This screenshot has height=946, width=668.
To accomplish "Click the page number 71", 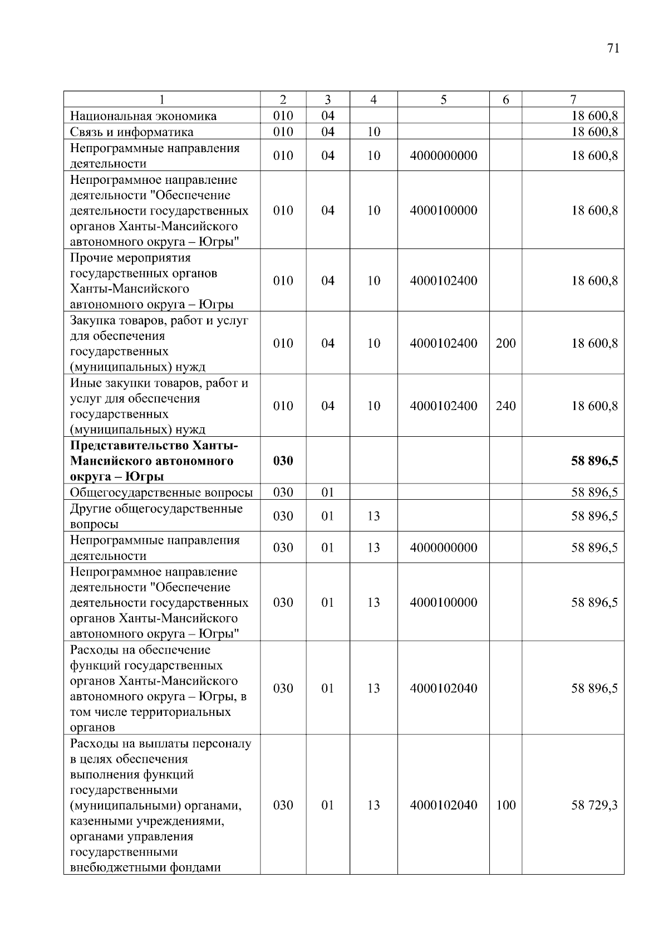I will pos(613,48).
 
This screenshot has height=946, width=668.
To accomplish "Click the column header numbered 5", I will pos(443,100).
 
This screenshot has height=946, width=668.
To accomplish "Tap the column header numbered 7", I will pos(573,100).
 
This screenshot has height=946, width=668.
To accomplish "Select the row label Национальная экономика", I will pos(143,116).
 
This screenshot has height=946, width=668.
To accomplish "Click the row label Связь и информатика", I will pos(132,132).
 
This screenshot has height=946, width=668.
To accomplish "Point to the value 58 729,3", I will pos(594,805).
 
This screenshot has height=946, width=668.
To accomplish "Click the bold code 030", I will pos(283,461).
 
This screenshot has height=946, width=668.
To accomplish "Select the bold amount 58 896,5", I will pos(594,461).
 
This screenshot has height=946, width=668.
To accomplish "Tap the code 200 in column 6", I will pos(505,343).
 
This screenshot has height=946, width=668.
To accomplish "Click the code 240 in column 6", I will pos(505,406).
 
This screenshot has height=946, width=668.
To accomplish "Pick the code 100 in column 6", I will pos(505,805).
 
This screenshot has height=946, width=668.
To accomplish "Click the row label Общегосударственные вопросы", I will pos(161,492).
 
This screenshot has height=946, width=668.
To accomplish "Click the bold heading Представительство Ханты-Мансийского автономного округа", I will pos(154,461).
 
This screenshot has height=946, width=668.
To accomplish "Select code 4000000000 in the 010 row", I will pos(443,155).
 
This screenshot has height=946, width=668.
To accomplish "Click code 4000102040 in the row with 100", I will pos(443,805).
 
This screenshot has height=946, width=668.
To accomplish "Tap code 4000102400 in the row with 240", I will pos(443,406).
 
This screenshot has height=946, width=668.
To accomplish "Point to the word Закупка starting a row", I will pos(89,321).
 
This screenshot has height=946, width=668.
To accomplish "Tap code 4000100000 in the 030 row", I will pos(443,602).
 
